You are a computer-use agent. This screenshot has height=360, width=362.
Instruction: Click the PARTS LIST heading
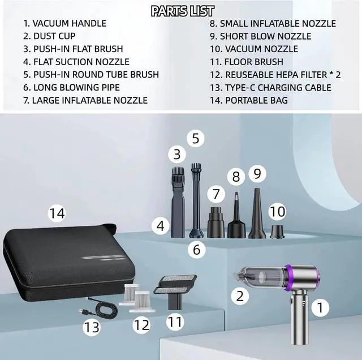tap(182, 11)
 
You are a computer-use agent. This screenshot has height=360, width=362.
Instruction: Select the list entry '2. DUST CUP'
tap(49, 36)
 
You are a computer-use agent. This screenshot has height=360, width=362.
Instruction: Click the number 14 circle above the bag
tap(57, 214)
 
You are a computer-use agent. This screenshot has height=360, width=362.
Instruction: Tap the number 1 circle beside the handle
tap(320, 307)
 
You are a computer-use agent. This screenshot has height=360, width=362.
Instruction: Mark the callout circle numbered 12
tap(142, 325)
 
